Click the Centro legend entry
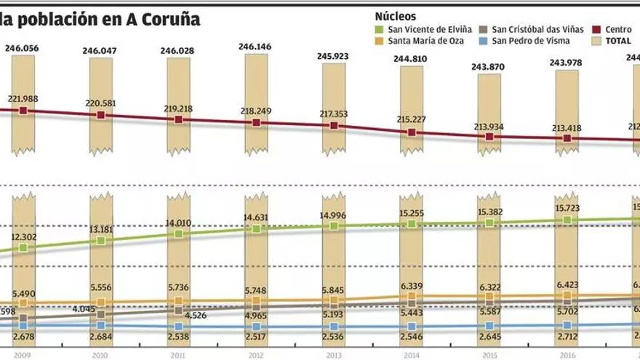613,29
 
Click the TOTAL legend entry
617,41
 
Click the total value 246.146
256,47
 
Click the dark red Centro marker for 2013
334,126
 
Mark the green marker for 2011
178,234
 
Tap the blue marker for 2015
489,327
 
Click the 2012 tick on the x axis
256,355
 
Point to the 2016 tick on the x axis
567,355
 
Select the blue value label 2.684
100,337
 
